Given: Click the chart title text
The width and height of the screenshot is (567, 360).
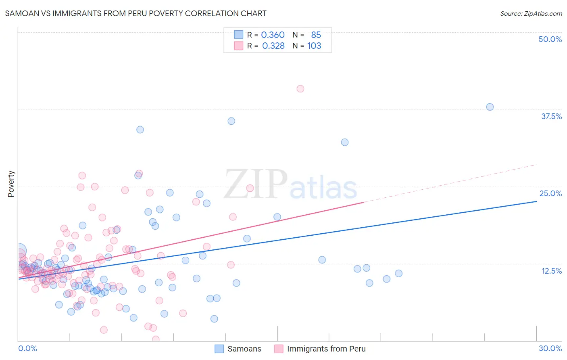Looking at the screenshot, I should coord(135,13).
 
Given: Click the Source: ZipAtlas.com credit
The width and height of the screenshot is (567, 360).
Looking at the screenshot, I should coord(531,13).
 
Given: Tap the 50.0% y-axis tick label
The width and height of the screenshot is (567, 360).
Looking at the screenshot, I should coord(550,39).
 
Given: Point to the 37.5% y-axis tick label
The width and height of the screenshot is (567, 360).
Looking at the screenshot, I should coord(551,116).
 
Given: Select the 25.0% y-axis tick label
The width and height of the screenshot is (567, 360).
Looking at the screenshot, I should coord(550,193).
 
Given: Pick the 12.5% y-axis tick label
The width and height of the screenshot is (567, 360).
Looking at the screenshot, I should coord(551,271).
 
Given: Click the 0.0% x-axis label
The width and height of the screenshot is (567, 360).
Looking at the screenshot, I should coord(27,348).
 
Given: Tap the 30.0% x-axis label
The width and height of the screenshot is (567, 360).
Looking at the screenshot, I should coord(550,348).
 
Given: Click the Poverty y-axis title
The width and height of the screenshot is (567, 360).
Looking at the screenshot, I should coord(11,184).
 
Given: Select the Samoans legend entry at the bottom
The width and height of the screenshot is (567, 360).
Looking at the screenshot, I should coord(238,349).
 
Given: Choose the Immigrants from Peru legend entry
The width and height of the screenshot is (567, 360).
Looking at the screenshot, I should coord(320,349).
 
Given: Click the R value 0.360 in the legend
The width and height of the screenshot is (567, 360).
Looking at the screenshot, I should coord(273,35).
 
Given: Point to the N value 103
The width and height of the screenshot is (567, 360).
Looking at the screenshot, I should coord(314,46).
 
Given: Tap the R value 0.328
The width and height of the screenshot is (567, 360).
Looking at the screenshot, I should coord(273,46).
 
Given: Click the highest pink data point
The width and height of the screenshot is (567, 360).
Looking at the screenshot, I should coord(300,89).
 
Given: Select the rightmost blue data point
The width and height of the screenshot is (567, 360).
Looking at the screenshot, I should coord(490,107).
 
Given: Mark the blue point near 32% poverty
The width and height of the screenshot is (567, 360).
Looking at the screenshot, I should coord(344,142).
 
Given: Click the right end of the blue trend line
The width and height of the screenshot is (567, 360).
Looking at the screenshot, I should coord(536,201).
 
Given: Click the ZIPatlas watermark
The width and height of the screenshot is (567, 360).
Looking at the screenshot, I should coord(290,184).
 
